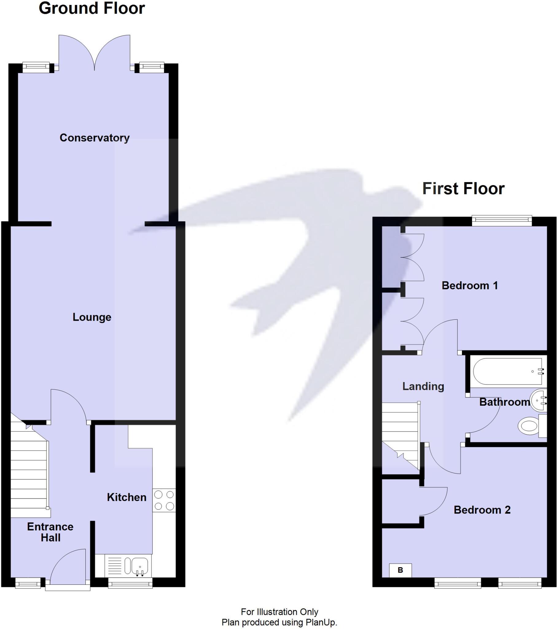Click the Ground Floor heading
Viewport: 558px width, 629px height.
(92, 8)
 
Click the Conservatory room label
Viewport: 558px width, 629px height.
(95, 138)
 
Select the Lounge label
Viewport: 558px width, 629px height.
(92, 317)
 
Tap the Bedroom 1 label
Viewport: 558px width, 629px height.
(470, 285)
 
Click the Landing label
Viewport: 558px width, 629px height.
(423, 386)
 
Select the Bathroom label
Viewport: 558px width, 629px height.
(505, 402)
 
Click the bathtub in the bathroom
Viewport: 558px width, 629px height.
(507, 371)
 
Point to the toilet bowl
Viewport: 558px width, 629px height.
(528, 426)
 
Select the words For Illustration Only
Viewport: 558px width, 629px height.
(279, 612)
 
